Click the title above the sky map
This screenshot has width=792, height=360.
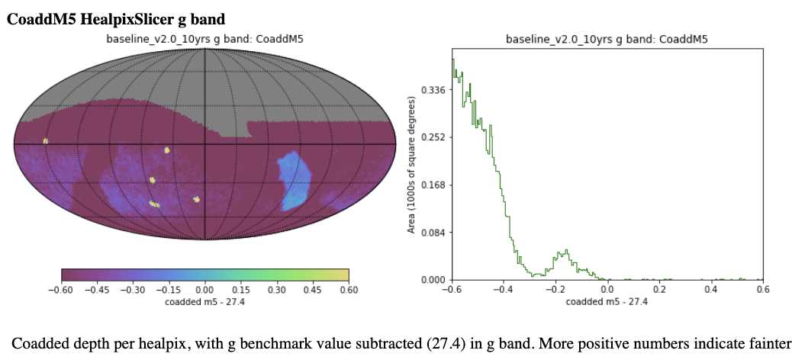coord(205,39)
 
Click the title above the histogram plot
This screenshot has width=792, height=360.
coord(607,39)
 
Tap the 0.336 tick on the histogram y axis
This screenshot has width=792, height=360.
coord(435,90)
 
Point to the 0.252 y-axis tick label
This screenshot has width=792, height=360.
coord(435,137)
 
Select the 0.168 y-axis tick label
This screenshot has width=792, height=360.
coord(435,185)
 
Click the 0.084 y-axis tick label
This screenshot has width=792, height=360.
coord(435,232)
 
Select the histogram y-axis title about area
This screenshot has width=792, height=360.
coord(413,164)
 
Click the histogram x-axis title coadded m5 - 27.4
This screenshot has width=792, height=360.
coord(607,302)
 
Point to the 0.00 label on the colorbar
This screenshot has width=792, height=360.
coord(204,290)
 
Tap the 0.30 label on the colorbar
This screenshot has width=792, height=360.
coord(277,290)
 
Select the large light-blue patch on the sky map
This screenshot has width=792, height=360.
coord(293,179)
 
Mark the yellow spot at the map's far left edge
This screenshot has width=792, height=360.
coord(46,141)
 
